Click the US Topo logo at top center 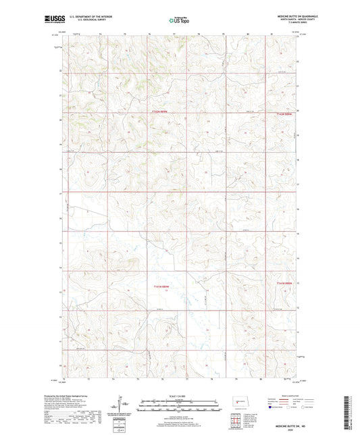pos(178,21)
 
